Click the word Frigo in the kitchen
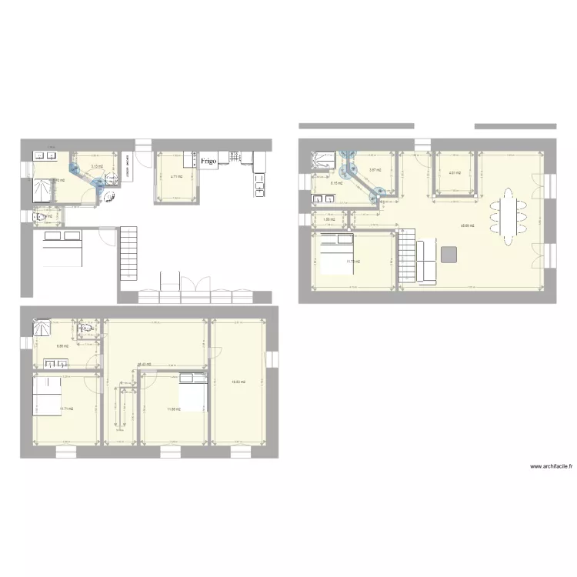[208, 162]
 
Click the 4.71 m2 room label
[175, 177]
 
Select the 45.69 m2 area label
[466, 225]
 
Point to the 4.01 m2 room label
[454, 172]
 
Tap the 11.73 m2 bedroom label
[353, 262]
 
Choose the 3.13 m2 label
[96, 165]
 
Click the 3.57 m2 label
[375, 170]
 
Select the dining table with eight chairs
[509, 217]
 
